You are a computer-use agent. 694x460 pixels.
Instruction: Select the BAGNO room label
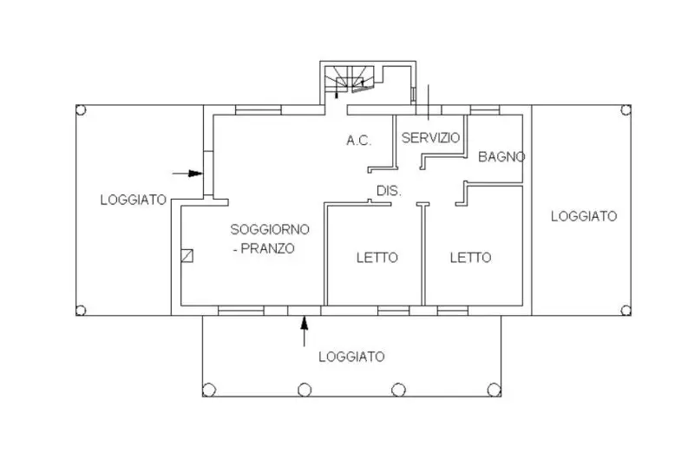pyautogui.click(x=502, y=157)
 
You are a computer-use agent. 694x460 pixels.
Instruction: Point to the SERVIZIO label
pyautogui.click(x=430, y=138)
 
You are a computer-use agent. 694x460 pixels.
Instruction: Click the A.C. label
pyautogui.click(x=359, y=139)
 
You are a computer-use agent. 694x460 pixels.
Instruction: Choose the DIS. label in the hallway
pyautogui.click(x=388, y=191)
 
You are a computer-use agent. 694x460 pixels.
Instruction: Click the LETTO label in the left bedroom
pyautogui.click(x=377, y=258)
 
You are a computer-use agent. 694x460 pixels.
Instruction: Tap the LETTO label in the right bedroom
pyautogui.click(x=470, y=258)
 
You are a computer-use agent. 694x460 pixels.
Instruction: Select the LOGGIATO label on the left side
pyautogui.click(x=133, y=200)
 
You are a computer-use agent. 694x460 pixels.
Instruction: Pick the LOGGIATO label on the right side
pyautogui.click(x=584, y=216)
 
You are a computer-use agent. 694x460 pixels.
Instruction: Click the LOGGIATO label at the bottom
pyautogui.click(x=351, y=356)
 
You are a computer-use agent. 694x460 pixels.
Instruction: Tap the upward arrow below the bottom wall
pyautogui.click(x=304, y=332)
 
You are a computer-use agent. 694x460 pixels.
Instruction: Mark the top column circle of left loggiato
pyautogui.click(x=81, y=110)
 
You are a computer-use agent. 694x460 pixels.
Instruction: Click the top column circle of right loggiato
pyautogui.click(x=624, y=109)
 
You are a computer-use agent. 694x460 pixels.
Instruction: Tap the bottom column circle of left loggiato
pyautogui.click(x=81, y=310)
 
